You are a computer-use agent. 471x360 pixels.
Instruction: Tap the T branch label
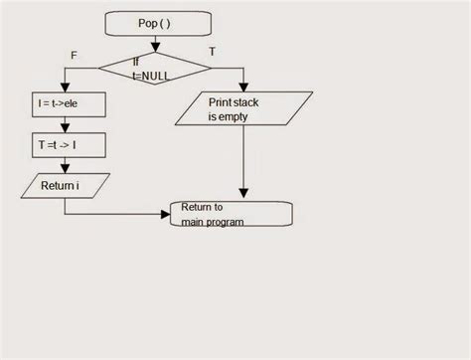(x=212, y=50)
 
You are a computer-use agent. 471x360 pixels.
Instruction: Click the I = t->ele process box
(x=64, y=103)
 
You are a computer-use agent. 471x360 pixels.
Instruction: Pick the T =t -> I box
(x=64, y=144)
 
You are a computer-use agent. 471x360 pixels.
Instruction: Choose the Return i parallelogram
(x=64, y=185)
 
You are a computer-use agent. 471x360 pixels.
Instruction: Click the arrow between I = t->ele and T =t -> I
(x=64, y=124)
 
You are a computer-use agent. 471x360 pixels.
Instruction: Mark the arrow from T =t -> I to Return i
(x=64, y=165)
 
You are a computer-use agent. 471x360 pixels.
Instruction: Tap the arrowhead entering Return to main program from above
(x=243, y=196)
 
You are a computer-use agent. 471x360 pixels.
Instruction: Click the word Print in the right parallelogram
(x=221, y=101)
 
